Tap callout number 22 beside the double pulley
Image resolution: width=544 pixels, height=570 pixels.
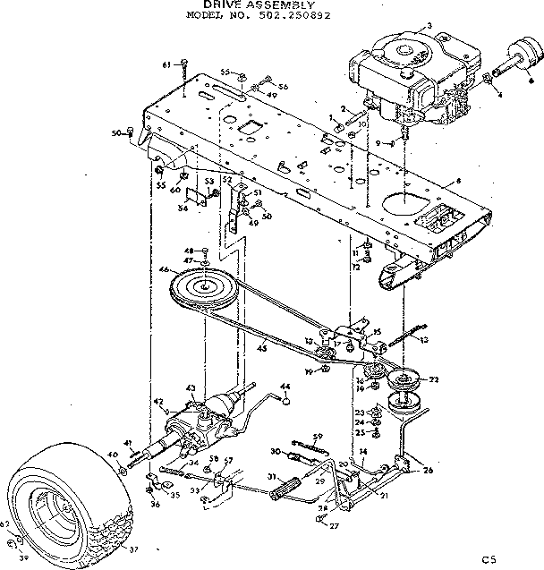click(x=435, y=379)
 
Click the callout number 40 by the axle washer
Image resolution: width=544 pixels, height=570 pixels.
click(x=112, y=455)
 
